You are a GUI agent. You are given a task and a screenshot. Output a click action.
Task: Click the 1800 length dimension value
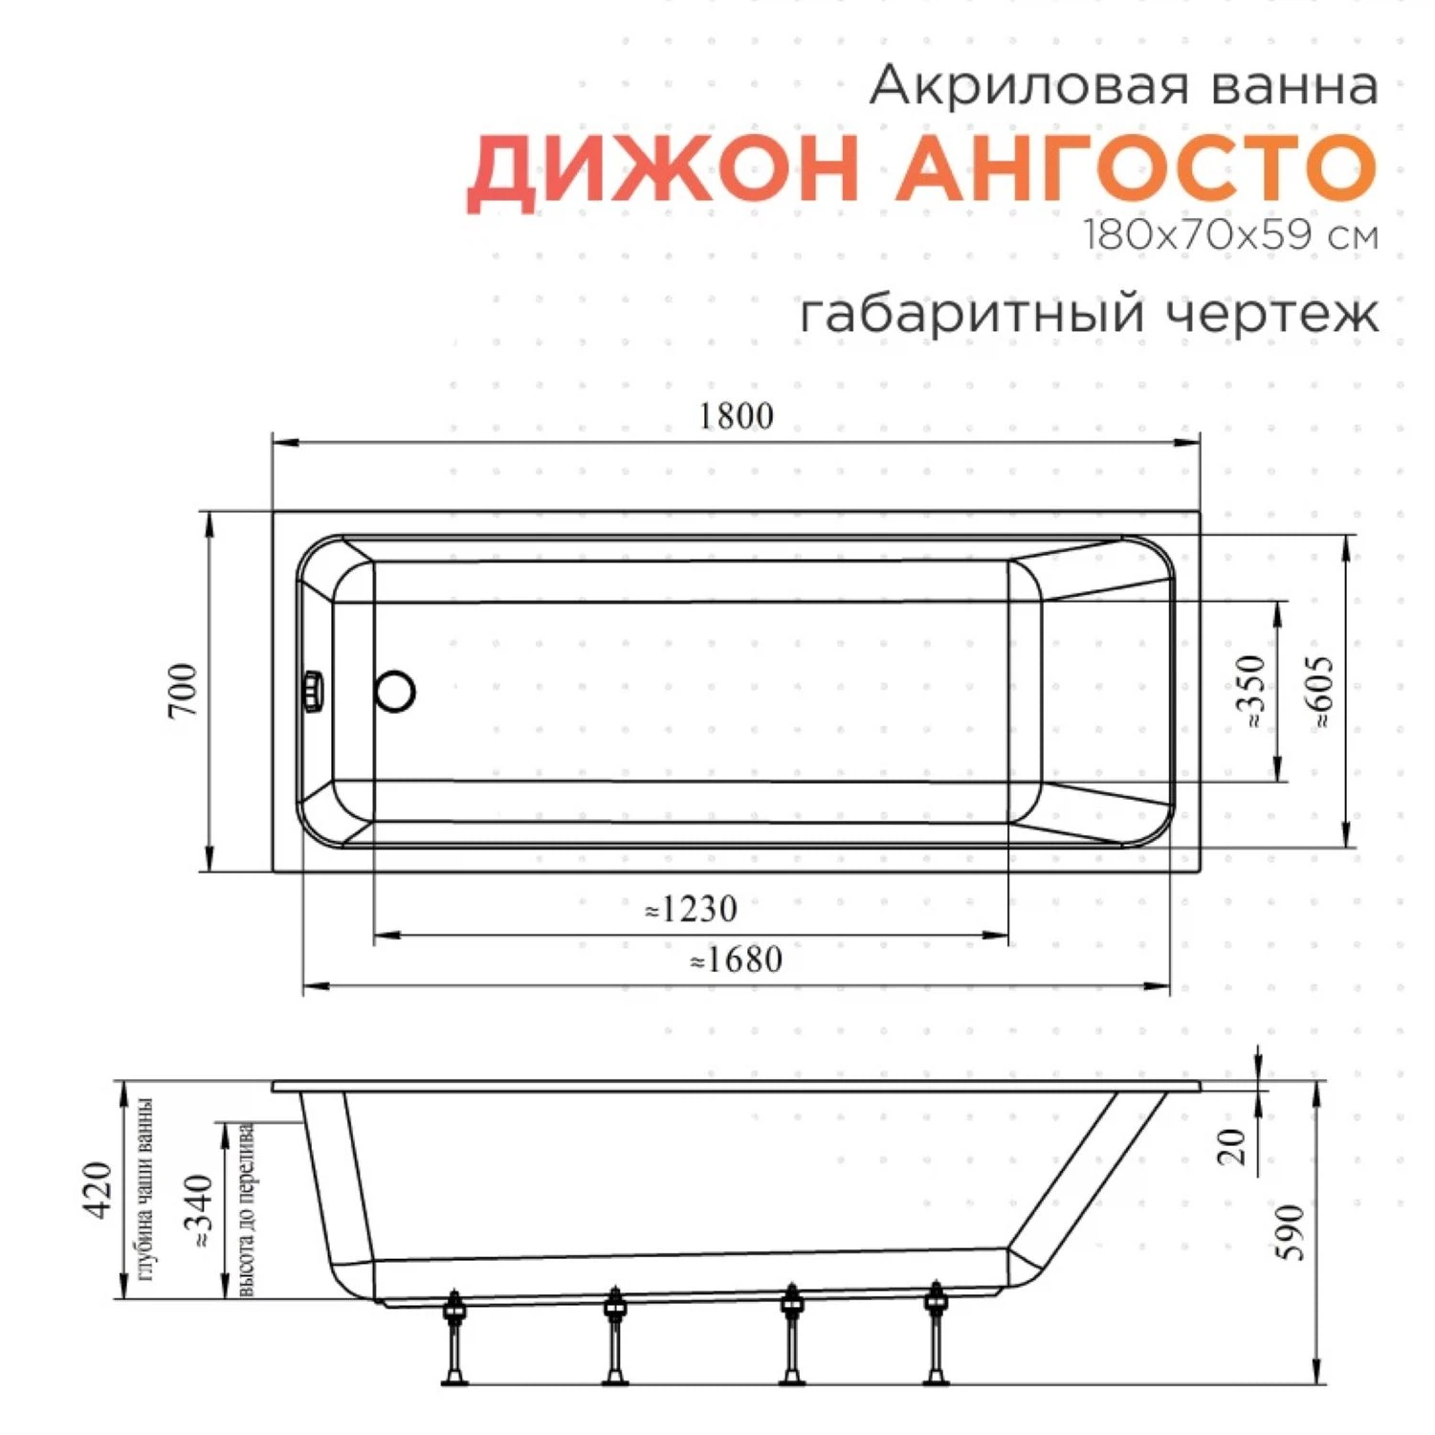(x=736, y=416)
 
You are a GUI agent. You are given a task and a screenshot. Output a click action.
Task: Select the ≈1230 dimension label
(x=691, y=909)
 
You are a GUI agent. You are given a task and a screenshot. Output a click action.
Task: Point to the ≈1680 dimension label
(x=736, y=960)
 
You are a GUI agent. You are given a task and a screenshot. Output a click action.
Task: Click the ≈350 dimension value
(x=1250, y=692)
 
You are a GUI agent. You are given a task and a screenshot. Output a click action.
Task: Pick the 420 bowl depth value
(x=99, y=1190)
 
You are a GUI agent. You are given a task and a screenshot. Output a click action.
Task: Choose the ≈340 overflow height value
(x=199, y=1211)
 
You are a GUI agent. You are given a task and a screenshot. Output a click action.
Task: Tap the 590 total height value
(x=1291, y=1232)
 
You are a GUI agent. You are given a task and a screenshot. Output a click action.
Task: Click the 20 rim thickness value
(x=1232, y=1146)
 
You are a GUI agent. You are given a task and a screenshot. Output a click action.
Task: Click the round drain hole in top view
(x=395, y=691)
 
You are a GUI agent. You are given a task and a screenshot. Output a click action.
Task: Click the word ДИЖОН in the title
(x=662, y=168)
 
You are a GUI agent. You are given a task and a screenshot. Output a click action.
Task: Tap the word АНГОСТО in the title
(x=1136, y=168)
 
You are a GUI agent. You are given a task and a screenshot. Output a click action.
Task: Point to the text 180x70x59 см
(x=1230, y=235)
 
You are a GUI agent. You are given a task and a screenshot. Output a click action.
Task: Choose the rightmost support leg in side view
(x=935, y=1337)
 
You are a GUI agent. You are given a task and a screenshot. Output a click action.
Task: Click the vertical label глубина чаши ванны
(x=145, y=1190)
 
